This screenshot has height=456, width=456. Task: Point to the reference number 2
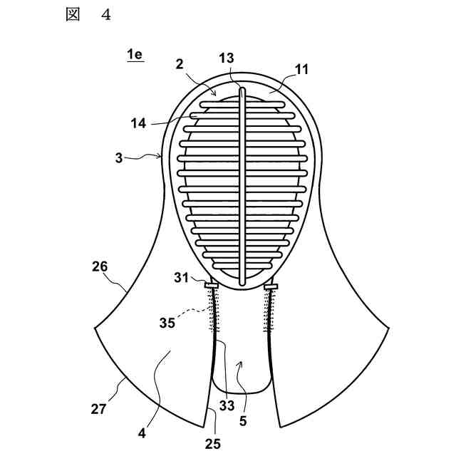tap(181, 64)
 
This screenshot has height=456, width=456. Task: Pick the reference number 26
tap(100, 269)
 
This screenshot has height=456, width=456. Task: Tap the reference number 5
tap(243, 422)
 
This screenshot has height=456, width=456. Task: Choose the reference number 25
tap(213, 443)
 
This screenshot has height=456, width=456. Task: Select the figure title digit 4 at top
tap(105, 16)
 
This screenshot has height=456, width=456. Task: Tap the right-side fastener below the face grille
tap(271, 286)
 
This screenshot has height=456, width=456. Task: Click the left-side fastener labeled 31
tap(212, 286)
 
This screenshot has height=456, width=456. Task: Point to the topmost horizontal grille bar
tap(242, 104)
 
